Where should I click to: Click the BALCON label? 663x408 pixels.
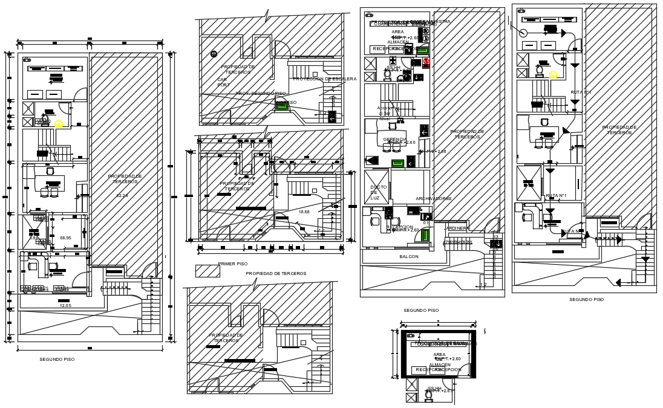click(409, 257)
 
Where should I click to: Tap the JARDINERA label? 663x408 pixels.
click(457, 228)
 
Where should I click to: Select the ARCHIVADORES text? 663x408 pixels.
click(433, 199)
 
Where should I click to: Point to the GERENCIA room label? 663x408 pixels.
click(394, 139)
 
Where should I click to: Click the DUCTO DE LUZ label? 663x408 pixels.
click(378, 192)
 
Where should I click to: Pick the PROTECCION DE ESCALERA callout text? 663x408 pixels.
click(324, 79)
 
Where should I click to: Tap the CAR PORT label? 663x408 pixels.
click(224, 82)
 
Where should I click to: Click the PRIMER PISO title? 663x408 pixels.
click(233, 264)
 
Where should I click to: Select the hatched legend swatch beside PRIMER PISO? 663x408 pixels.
click(207, 271)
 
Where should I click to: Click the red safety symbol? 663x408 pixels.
click(426, 61)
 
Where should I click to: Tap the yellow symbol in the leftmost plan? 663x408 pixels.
click(59, 124)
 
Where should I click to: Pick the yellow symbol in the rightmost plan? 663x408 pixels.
click(552, 75)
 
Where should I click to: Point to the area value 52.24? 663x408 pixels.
click(123, 196)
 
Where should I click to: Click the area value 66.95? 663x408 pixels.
click(65, 238)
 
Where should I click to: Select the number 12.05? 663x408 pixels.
click(65, 305)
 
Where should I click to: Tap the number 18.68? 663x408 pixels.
click(304, 212)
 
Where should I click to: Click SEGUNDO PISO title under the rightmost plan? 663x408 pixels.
click(586, 299)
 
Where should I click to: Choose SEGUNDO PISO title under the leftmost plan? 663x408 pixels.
click(57, 359)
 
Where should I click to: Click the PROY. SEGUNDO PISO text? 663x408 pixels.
click(260, 94)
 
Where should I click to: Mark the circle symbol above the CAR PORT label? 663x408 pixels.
click(214, 54)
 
